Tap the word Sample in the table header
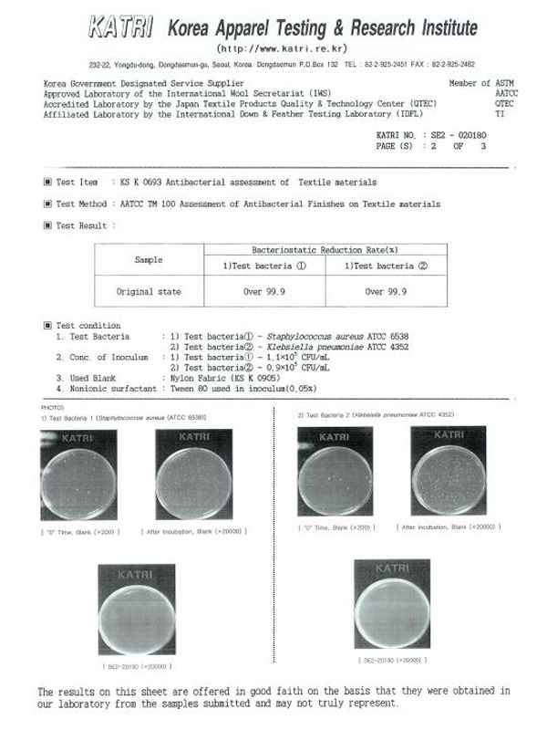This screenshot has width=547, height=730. click(149, 260)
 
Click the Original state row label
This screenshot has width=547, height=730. click(149, 292)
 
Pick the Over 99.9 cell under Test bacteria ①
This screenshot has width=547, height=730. click(265, 292)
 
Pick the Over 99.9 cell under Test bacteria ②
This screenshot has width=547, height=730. click(387, 292)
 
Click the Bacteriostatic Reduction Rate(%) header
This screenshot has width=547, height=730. click(325, 249)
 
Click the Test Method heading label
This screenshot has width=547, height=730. click(80, 204)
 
